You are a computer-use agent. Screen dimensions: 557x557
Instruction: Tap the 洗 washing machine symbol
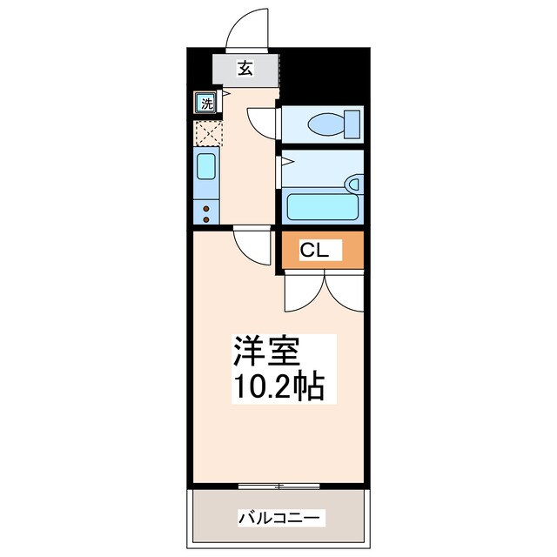point(205,104)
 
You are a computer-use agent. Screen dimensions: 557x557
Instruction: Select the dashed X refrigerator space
point(206,132)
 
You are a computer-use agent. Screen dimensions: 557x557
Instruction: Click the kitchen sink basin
point(206,165)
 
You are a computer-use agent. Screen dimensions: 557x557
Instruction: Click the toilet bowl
point(326,124)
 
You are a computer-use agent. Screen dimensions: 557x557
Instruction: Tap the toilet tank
point(352,124)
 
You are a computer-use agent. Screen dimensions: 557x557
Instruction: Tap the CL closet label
point(313,252)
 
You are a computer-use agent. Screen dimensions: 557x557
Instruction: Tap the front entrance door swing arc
point(248,31)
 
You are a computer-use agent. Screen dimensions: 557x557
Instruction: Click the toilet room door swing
point(262,122)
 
